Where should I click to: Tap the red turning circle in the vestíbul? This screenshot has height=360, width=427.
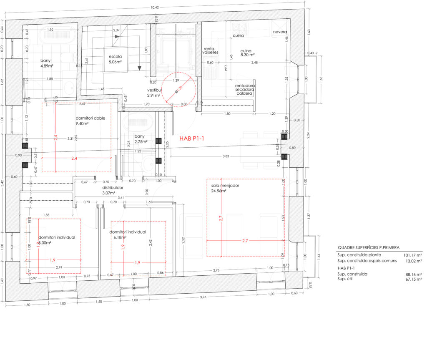179,91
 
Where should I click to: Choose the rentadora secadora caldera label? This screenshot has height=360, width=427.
244,90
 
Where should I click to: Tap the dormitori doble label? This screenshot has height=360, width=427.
90,118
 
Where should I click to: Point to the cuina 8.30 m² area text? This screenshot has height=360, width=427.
247,55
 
